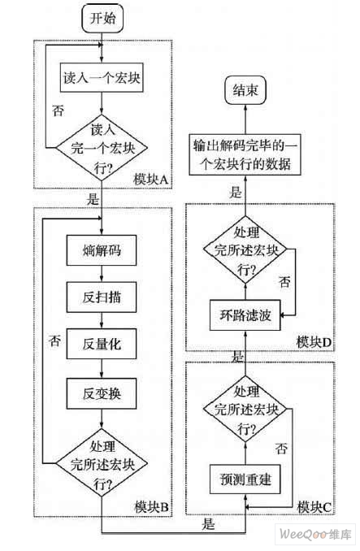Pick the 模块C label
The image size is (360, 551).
tap(315, 507)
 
